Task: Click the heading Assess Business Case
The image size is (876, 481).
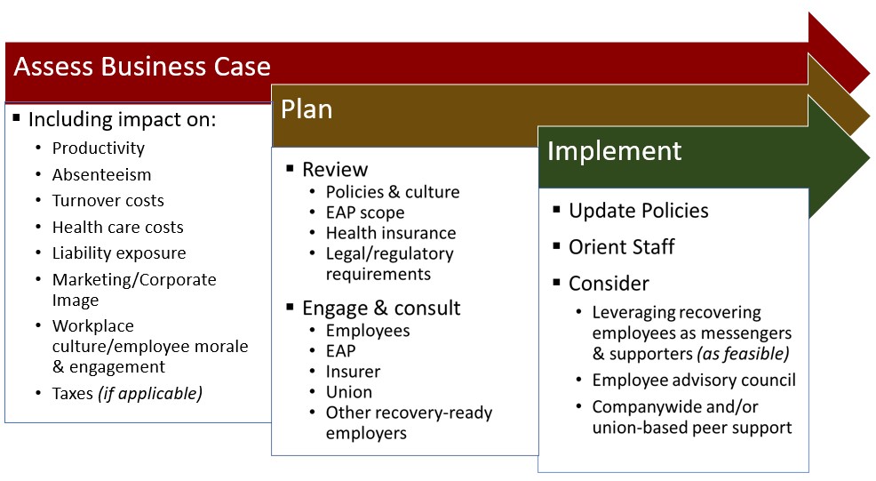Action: click(x=142, y=67)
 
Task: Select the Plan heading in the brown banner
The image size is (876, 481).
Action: click(x=307, y=108)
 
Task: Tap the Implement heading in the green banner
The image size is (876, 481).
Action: click(x=614, y=150)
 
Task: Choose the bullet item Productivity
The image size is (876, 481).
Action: click(x=98, y=148)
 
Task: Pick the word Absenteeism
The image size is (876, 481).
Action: click(x=101, y=174)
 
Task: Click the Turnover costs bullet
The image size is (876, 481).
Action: click(x=108, y=201)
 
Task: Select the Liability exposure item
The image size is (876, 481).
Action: click(x=119, y=253)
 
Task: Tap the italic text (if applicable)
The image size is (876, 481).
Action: click(x=150, y=392)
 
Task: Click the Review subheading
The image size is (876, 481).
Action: click(x=335, y=169)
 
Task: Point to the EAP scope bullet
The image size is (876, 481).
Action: click(x=365, y=212)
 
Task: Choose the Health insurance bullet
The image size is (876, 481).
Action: click(x=391, y=233)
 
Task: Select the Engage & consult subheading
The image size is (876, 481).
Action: click(x=381, y=308)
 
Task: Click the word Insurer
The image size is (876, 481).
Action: click(x=353, y=371)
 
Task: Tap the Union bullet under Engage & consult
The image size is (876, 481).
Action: click(x=349, y=391)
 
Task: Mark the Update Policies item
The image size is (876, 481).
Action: click(x=639, y=211)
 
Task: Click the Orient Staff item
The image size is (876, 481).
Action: click(x=622, y=246)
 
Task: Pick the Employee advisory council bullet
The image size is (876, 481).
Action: click(x=694, y=381)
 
